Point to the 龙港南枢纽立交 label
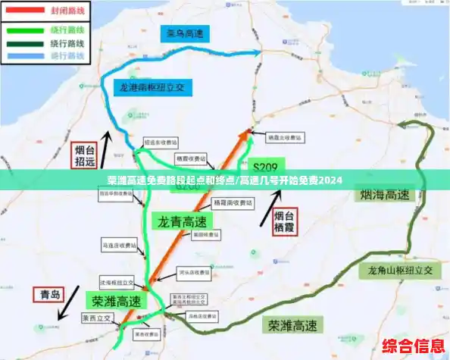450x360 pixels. click(x=149, y=86)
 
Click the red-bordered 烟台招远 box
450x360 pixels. click(x=84, y=155)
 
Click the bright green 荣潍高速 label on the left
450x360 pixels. click(x=117, y=300)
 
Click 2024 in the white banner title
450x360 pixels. click(x=330, y=181)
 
